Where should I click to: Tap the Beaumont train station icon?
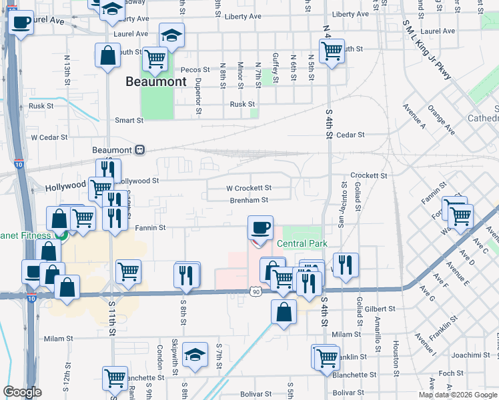pos(139,150)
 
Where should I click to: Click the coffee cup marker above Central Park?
pos(260,228)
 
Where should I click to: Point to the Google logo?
pos(22,392)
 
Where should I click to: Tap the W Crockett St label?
pos(248,189)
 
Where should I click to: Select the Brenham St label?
pos(249,200)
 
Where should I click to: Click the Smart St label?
pos(129,121)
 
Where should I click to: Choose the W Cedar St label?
pos(49,137)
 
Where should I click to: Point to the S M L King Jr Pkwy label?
pos(427,49)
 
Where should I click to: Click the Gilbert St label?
pos(380,309)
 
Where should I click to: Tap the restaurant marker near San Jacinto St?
pos(346,264)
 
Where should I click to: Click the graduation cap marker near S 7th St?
pos(195,354)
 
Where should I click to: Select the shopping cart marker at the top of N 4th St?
pos(332,49)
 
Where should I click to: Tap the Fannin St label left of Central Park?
pos(151,228)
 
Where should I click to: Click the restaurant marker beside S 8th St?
pos(187,274)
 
